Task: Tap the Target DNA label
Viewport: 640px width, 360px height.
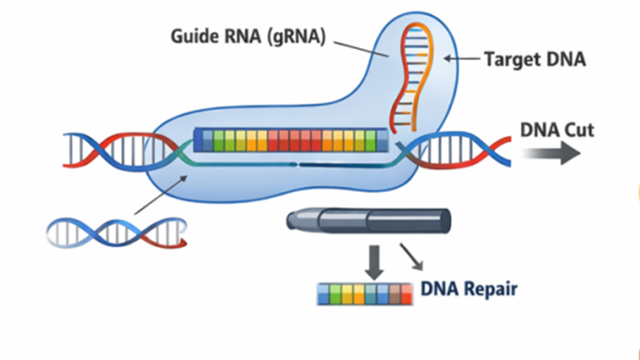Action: click(534, 59)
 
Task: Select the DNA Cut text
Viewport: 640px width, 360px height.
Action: click(557, 130)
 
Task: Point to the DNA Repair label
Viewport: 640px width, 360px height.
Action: click(468, 289)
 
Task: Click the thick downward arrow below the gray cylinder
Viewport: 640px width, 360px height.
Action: click(375, 261)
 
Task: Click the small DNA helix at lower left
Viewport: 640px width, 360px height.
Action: click(114, 232)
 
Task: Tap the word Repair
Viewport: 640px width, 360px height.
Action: click(489, 289)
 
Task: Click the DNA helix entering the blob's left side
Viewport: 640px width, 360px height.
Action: click(110, 150)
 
